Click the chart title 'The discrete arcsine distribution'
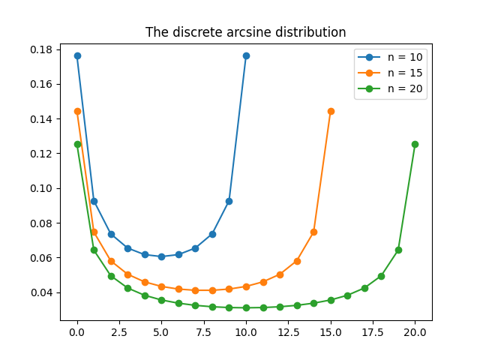pos(246,32)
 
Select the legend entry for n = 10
pos(405,57)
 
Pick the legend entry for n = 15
pos(405,73)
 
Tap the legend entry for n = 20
pos(405,88)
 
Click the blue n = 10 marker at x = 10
pos(246,55)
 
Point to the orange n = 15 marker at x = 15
pos(331,111)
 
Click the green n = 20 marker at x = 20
pos(415,144)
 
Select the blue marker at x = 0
pos(77,55)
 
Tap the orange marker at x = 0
pos(77,111)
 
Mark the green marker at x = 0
pos(77,144)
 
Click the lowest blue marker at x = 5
pos(161,256)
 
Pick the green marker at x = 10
pos(246,307)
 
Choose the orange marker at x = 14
pos(313,232)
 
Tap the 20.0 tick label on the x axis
pos(415,331)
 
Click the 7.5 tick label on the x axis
pos(204,331)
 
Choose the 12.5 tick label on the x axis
pos(288,331)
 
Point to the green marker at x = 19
pos(398,250)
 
